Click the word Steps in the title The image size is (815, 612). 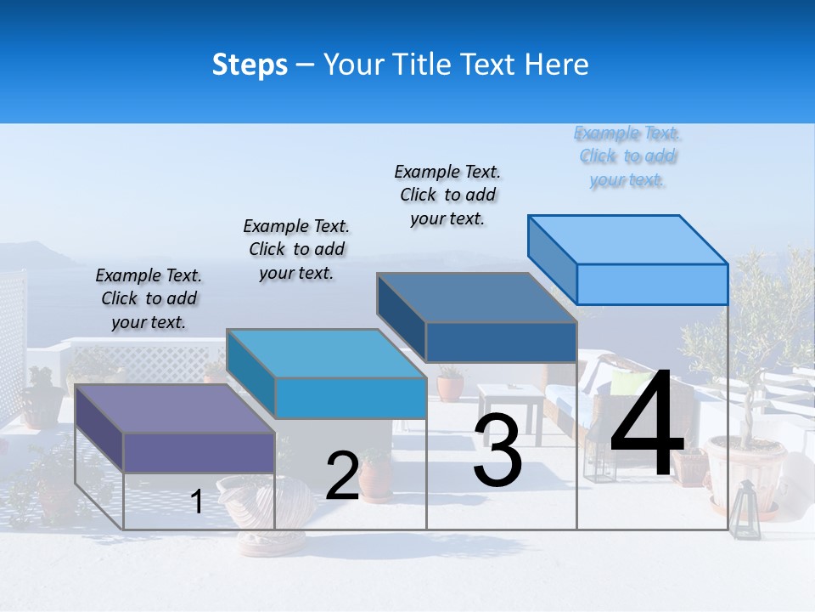coord(250,65)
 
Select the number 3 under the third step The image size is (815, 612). coord(497,451)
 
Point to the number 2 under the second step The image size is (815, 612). coord(342,476)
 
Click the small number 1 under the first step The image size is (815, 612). coord(197,502)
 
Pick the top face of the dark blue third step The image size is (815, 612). coord(476,297)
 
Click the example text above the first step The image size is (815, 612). coord(149,298)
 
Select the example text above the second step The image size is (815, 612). coord(296,249)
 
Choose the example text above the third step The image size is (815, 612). coord(447,195)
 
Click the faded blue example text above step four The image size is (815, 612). coord(627,156)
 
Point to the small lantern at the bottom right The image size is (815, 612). coord(745,509)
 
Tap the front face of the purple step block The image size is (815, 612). coord(199,452)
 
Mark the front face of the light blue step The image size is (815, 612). coord(652,284)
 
